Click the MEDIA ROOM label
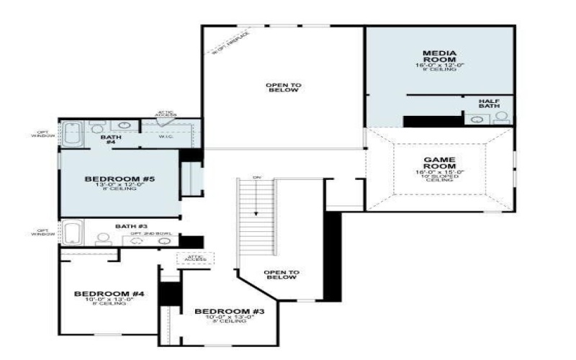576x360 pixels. [x=438, y=56]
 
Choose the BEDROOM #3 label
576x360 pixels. [x=230, y=311]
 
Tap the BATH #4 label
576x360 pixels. [x=111, y=139]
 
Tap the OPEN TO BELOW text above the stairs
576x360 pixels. [x=284, y=88]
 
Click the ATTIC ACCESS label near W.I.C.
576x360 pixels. [x=166, y=114]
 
